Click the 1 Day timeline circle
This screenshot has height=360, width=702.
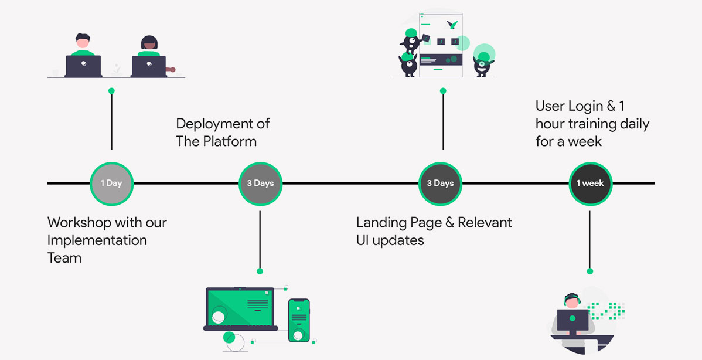coord(111,184)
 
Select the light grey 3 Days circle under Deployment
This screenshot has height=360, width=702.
coord(260,184)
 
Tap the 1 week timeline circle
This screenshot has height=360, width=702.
coord(590,184)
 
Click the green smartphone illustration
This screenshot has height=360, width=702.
coord(299,320)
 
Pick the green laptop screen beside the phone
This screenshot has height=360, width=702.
coord(240,306)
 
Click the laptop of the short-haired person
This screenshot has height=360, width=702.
coord(83,66)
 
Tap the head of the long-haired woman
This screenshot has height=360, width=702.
coord(149,43)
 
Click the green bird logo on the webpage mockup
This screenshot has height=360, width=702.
coord(452,25)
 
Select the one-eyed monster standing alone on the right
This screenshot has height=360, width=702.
coord(483,60)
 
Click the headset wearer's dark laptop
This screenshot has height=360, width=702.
coord(572,321)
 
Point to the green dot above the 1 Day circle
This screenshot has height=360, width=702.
coord(111,91)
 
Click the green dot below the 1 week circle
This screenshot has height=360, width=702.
coord(590,271)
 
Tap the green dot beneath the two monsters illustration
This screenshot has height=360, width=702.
coord(443,91)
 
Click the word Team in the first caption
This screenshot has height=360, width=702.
coord(64,257)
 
